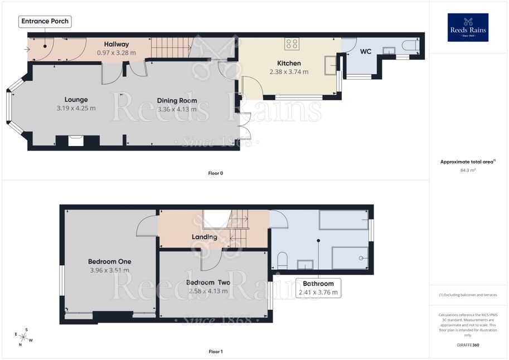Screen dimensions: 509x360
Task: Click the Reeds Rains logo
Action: point(468,27)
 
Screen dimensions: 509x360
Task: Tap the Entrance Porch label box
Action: point(45,21)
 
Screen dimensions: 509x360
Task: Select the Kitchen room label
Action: point(289,64)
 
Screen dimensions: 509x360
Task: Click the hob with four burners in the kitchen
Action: point(292,44)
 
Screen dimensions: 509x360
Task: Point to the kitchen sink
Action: point(330,65)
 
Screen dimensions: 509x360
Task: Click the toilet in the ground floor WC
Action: point(410,46)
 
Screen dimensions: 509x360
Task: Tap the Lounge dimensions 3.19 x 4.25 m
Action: point(76,108)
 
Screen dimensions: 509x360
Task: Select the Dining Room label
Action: point(177,101)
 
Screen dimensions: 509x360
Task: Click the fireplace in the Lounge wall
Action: point(76,140)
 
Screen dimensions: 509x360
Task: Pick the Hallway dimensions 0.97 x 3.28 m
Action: point(116,52)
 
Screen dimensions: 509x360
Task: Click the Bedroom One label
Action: point(110,261)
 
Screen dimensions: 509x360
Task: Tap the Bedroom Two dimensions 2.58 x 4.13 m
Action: point(208,291)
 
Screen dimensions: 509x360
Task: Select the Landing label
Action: point(205,237)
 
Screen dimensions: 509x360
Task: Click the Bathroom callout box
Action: point(318,288)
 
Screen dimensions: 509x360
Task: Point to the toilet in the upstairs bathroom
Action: point(283,260)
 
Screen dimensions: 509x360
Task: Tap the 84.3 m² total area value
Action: point(468,170)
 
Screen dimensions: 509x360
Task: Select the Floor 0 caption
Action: point(216,173)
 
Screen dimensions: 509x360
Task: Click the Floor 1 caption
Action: point(216,352)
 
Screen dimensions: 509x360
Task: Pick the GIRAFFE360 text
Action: point(468,345)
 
